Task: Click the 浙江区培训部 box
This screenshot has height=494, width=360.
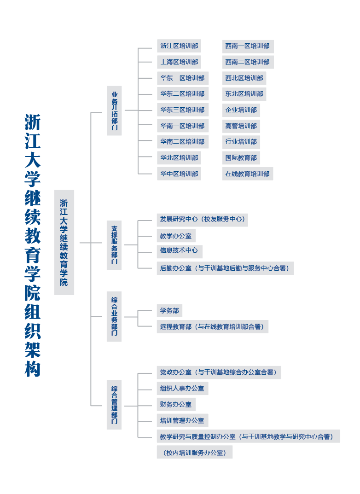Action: tap(179, 46)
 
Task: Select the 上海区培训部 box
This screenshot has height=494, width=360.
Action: tap(179, 62)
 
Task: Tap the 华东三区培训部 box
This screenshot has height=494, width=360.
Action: tap(183, 110)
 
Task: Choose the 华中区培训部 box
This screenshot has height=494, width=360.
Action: tap(179, 174)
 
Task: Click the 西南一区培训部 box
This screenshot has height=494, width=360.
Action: tap(248, 46)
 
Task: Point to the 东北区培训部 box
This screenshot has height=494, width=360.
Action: tap(244, 94)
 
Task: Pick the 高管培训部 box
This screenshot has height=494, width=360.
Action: tap(241, 126)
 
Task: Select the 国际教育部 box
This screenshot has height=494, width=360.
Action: tap(241, 158)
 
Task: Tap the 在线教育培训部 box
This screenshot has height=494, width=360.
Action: tap(248, 174)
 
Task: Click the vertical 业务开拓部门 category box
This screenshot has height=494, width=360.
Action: tap(114, 110)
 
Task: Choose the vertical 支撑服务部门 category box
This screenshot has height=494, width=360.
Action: tap(114, 245)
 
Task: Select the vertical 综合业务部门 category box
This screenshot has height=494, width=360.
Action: tap(114, 316)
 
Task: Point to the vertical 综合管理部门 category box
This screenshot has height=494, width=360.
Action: tap(114, 405)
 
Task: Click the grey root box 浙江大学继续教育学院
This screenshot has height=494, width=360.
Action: tap(64, 243)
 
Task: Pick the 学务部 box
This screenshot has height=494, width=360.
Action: tap(169, 311)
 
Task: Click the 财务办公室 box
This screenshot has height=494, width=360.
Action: tap(176, 404)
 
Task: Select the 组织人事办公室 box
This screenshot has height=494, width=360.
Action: tap(182, 389)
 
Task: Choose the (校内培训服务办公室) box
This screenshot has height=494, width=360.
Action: tap(195, 452)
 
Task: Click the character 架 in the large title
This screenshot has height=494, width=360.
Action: tap(33, 349)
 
